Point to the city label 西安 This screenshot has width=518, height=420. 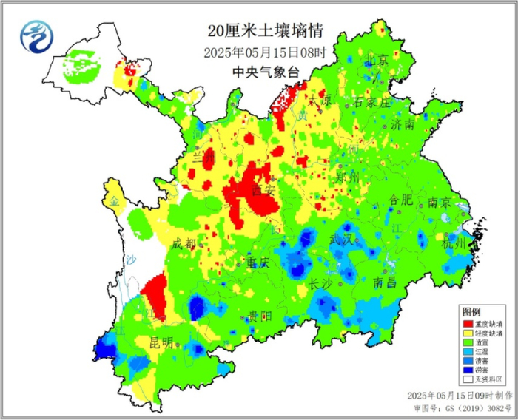[x=263, y=191]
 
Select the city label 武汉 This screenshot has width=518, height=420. [x=343, y=240]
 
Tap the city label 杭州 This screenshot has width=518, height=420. [x=454, y=243]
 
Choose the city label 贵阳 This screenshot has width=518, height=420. [x=259, y=316]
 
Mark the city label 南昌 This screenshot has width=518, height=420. [x=385, y=282]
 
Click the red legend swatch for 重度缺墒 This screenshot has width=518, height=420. [x=468, y=324]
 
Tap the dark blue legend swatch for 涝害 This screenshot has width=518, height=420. [x=468, y=368]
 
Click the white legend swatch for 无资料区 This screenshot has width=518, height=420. [x=468, y=379]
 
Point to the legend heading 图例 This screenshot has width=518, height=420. [x=471, y=311]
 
